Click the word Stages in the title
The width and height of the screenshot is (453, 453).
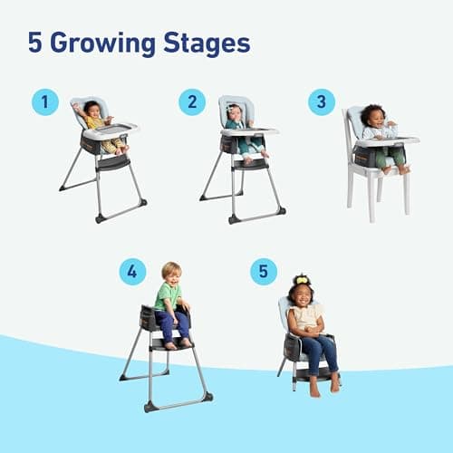point(207,42)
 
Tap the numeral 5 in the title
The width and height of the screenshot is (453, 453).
point(35,42)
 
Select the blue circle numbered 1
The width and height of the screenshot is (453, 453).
point(44,101)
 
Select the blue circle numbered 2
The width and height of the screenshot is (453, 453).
point(191,101)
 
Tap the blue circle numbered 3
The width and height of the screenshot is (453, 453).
point(321,101)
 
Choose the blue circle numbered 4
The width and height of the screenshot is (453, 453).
point(132,271)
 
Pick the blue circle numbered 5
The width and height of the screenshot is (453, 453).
point(263,271)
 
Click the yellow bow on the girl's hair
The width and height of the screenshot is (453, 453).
point(301,279)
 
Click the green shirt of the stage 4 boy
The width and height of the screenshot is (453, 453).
point(168,297)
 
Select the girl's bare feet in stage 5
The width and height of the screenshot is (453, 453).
point(323,387)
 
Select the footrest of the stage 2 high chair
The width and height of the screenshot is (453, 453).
point(249,165)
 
